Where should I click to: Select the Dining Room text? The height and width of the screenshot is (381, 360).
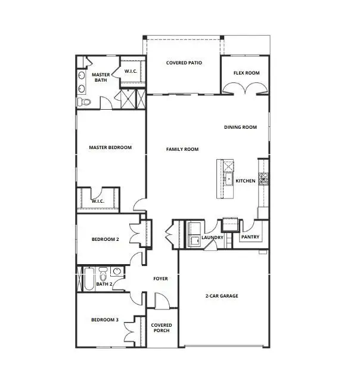point(240,127)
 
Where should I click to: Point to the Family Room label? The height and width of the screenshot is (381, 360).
point(182,149)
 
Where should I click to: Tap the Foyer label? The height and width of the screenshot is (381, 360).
point(161,278)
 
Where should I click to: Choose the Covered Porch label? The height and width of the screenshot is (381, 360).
point(161,329)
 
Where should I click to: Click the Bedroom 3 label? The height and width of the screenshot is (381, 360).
point(105,320)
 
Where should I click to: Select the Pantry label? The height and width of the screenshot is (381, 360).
point(249,237)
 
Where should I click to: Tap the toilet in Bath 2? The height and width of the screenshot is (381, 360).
point(103,275)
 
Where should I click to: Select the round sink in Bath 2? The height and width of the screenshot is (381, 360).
point(116,272)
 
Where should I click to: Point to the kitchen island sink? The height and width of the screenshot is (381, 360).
point(227,178)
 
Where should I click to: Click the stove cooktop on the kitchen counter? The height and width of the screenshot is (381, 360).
point(263,178)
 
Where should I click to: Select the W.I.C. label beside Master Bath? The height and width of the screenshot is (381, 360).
point(131,72)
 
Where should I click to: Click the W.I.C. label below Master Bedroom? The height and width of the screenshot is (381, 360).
point(98,201)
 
